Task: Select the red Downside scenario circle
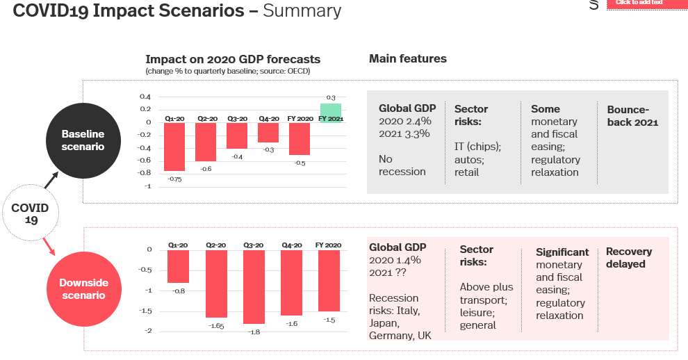coord(83,289)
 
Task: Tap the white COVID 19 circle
coord(30,213)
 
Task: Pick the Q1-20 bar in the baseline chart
coord(174,147)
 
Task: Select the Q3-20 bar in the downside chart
coord(254,287)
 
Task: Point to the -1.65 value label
coord(216,324)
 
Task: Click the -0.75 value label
coord(174,178)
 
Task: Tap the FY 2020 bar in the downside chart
coord(329,281)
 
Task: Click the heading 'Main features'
coord(407,59)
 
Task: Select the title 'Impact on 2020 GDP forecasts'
coord(233,60)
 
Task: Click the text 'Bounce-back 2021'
coord(632,116)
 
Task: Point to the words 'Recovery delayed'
coord(629,258)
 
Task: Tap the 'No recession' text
coord(402,165)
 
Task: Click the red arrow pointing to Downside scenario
coord(49,245)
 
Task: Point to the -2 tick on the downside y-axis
coord(148,331)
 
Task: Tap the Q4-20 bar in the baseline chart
coord(268,132)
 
